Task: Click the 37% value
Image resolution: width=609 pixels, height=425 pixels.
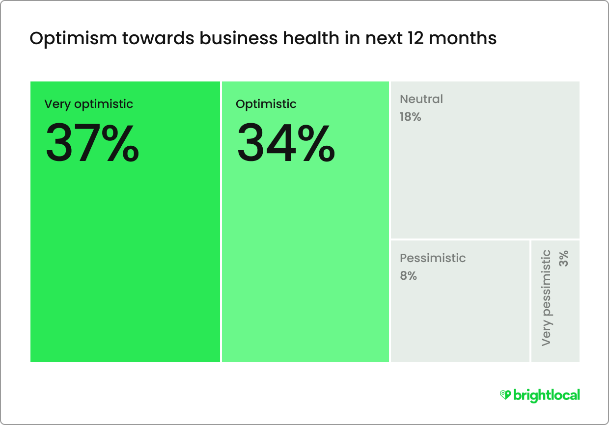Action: point(92,143)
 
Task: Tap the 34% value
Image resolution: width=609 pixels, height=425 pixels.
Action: point(286,143)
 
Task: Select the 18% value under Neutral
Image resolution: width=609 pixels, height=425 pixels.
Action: point(410,117)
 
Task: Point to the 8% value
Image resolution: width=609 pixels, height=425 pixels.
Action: point(408,276)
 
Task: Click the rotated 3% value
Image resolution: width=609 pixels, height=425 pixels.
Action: point(563,258)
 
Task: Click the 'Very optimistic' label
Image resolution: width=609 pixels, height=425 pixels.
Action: point(88,104)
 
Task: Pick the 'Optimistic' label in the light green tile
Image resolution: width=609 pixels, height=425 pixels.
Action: point(266,104)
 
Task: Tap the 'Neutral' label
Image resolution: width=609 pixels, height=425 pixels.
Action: point(421,99)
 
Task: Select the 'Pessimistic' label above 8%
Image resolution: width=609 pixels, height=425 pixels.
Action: point(433,258)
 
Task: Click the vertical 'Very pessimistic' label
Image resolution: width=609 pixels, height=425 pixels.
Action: point(547,298)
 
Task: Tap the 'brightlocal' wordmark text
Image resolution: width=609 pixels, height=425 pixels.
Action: point(546,395)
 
